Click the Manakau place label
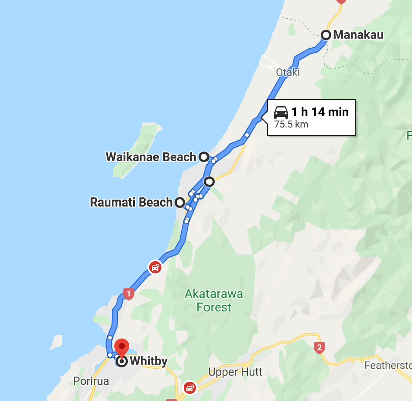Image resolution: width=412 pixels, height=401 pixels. coord(358,35)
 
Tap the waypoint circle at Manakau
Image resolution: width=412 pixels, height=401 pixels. coord(326,35)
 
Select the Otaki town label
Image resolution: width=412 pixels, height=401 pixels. coord(288,72)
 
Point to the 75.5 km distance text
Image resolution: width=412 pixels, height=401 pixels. coord(291,124)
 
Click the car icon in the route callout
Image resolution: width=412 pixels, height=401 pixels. coord(281,113)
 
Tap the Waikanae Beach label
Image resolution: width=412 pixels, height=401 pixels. coord(151,157)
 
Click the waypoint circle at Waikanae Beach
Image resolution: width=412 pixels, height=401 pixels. coord(203,157)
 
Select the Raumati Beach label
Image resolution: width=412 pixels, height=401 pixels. coord(131,202)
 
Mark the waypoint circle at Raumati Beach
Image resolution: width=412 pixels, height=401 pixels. coord(179,202)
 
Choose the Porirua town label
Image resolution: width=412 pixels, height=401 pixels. coord(91,381)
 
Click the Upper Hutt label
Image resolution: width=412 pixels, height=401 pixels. coord(235,372)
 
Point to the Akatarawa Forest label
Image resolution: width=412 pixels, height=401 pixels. coord(214,300)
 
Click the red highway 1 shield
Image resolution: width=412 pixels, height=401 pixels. coord(127,294)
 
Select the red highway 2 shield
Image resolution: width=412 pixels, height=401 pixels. coord(319,348)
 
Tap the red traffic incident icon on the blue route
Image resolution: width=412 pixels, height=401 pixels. coord(155,266)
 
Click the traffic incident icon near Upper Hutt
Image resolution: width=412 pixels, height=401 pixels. coord(190,387)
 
